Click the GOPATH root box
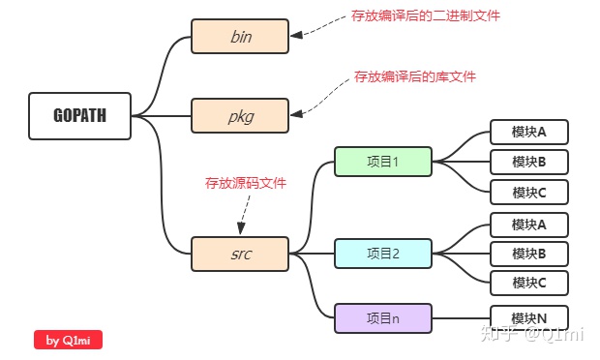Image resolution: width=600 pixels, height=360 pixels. point(80,116)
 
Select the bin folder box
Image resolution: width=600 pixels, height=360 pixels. point(240,37)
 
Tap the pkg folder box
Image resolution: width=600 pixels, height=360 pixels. point(240,116)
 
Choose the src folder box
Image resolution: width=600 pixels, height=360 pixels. point(240,254)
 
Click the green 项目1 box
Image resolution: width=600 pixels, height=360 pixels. point(383,162)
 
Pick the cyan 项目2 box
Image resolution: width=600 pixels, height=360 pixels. point(383,254)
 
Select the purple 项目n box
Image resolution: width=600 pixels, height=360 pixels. point(383,317)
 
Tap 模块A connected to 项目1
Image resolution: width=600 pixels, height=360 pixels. point(528,132)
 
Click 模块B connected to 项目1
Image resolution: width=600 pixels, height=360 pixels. point(528,162)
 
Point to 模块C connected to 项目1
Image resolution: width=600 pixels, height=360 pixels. point(528,192)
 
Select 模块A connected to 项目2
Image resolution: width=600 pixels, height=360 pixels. point(528,225)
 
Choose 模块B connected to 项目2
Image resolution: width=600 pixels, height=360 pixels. point(528,254)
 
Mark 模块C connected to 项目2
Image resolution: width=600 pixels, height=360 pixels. point(528,283)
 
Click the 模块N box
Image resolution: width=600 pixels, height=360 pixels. point(528,317)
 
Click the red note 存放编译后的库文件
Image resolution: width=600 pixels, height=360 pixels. point(414,75)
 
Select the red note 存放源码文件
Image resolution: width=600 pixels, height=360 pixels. point(245,183)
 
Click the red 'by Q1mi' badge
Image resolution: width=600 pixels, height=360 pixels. point(68,340)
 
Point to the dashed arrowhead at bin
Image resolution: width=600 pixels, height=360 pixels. point(296,35)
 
